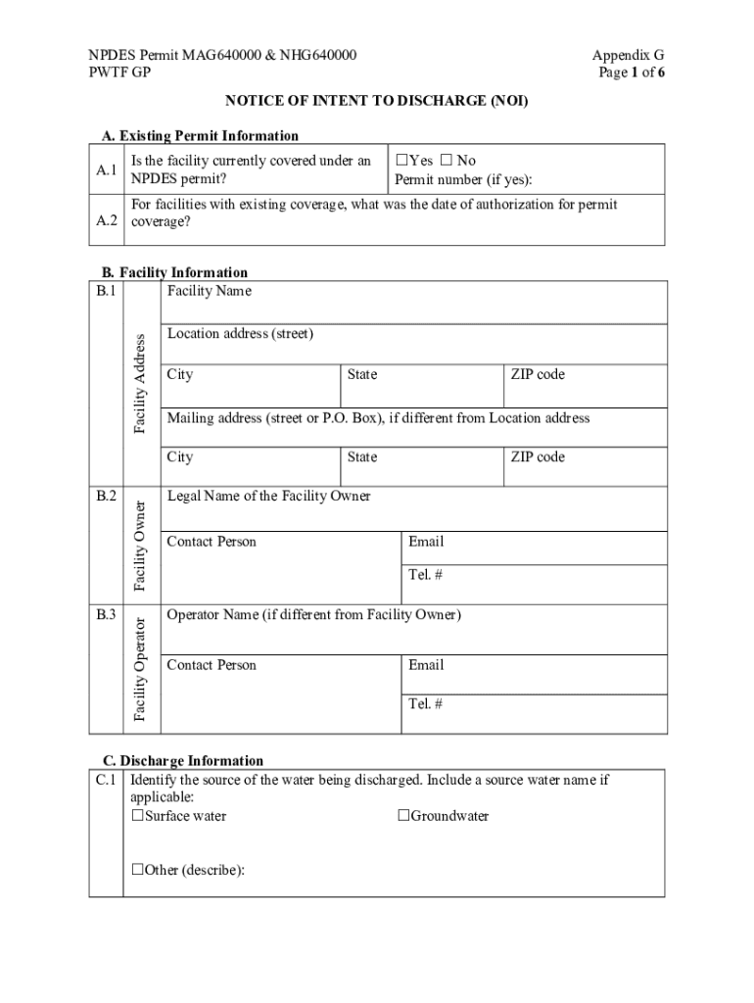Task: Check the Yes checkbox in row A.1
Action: tap(401, 161)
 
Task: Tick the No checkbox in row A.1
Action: tap(447, 161)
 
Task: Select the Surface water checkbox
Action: tap(138, 816)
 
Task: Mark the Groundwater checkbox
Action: tap(402, 816)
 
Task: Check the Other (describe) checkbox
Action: tap(138, 870)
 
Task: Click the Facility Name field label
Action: tap(209, 291)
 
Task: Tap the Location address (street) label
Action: tap(240, 334)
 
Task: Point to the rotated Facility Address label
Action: tap(140, 383)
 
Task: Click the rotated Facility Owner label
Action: tap(140, 546)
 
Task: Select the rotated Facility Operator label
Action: tap(140, 669)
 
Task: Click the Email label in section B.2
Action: tap(426, 542)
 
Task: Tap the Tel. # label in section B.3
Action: tap(426, 703)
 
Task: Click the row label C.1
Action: tap(107, 781)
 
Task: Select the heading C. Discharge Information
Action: tap(183, 760)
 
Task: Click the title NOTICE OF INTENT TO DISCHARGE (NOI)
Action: tap(377, 100)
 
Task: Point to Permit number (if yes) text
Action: tap(463, 180)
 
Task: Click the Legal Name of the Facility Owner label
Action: tap(269, 496)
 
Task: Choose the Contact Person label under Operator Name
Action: tap(212, 665)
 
